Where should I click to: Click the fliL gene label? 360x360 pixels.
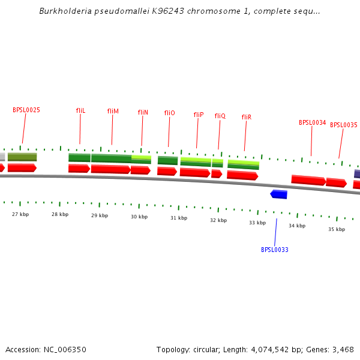pyautogui.click(x=80, y=110)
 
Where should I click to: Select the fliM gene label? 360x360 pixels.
pyautogui.click(x=113, y=111)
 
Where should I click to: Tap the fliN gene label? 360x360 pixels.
pyautogui.click(x=143, y=112)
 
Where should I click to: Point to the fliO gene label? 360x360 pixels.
pyautogui.click(x=169, y=113)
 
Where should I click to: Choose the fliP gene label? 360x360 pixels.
pyautogui.click(x=199, y=115)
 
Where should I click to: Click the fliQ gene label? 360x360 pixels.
pyautogui.click(x=220, y=116)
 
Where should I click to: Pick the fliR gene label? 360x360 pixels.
pyautogui.click(x=246, y=117)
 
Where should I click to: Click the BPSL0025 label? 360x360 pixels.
pyautogui.click(x=26, y=110)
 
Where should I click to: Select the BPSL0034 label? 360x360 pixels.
pyautogui.click(x=312, y=122)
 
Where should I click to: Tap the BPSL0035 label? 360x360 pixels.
pyautogui.click(x=343, y=125)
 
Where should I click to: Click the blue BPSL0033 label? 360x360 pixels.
pyautogui.click(x=275, y=250)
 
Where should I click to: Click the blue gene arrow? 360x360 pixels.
pyautogui.click(x=279, y=194)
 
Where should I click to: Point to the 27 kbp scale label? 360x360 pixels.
pyautogui.click(x=20, y=214)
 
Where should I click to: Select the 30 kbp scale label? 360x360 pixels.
pyautogui.click(x=139, y=217)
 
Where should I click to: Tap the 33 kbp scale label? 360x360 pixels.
pyautogui.click(x=257, y=223)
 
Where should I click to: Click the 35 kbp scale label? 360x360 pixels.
pyautogui.click(x=337, y=229)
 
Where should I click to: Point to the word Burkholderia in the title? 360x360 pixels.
pyautogui.click(x=63, y=11)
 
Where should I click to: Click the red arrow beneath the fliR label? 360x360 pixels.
pyautogui.click(x=242, y=175)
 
